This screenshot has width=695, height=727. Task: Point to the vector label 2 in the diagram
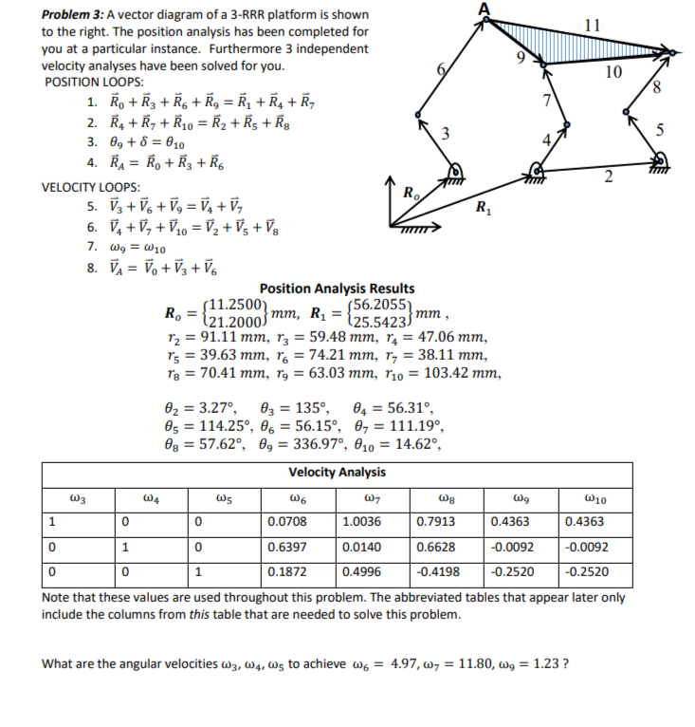click(x=610, y=174)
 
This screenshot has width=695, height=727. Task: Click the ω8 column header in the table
click(x=447, y=495)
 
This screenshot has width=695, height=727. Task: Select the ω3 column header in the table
click(x=79, y=495)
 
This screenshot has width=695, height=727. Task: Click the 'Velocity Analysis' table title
click(x=337, y=472)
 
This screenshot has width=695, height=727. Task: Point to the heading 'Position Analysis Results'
click(x=337, y=289)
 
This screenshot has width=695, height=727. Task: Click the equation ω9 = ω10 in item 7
click(x=142, y=249)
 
